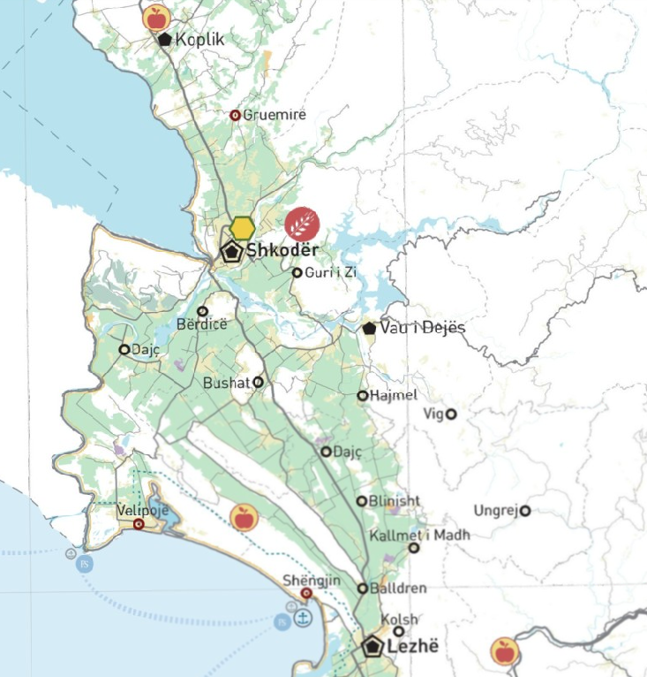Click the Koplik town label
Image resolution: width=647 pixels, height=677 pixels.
(200, 39)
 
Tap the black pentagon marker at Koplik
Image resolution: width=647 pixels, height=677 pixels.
(164, 39)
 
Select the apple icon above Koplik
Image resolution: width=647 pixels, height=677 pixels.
(155, 17)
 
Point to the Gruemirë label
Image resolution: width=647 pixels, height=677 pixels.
(275, 115)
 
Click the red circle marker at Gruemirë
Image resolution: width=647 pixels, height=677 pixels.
(236, 115)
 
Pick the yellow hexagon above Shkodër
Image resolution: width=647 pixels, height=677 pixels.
(243, 227)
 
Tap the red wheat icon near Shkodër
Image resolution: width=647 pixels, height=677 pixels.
(303, 223)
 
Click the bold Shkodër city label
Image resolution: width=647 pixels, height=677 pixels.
(282, 250)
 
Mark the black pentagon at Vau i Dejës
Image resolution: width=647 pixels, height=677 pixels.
(369, 328)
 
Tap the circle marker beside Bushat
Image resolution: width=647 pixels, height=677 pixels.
(258, 383)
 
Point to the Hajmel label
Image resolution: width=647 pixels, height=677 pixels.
(394, 395)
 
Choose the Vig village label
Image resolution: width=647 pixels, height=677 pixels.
(433, 414)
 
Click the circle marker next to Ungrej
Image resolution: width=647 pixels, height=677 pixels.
(524, 511)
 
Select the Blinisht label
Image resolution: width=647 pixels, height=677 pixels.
(395, 500)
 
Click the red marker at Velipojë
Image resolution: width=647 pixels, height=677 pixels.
(139, 524)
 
